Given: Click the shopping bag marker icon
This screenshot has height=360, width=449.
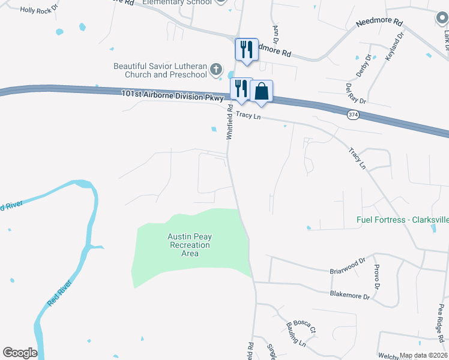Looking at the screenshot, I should pyautogui.click(x=262, y=91).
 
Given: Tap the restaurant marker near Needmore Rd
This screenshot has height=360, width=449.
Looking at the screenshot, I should pyautogui.click(x=246, y=49).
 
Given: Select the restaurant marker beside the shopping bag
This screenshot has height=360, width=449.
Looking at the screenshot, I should pyautogui.click(x=241, y=89).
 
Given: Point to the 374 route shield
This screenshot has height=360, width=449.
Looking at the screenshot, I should pyautogui.click(x=353, y=114).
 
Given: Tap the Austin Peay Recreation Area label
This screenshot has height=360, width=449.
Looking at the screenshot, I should pyautogui.click(x=190, y=245).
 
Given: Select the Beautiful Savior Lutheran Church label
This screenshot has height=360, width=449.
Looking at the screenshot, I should pyautogui.click(x=160, y=70).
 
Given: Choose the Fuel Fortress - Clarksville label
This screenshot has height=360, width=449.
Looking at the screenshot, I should pyautogui.click(x=402, y=220).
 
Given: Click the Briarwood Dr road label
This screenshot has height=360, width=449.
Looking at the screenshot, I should pyautogui.click(x=348, y=266).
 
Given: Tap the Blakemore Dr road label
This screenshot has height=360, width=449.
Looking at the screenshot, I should pyautogui.click(x=348, y=295).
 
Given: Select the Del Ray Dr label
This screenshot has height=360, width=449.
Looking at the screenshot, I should pyautogui.click(x=355, y=94).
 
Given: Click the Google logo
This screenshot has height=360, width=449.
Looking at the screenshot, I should pyautogui.click(x=20, y=353).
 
